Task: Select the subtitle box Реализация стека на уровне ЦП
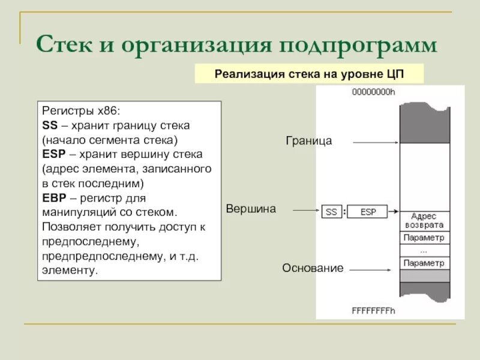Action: pos(310,74)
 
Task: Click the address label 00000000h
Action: pos(374,92)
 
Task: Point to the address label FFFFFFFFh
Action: pos(373,311)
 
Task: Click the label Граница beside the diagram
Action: pos(308,141)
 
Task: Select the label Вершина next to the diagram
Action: pos(251,209)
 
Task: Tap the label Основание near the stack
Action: pos(313,268)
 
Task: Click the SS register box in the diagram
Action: pos(331,212)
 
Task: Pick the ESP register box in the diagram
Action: pos(367,212)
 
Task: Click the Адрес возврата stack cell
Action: pos(424,220)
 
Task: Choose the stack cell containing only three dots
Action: pos(424,250)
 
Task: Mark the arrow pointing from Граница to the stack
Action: pos(376,142)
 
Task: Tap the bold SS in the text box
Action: pos(49,127)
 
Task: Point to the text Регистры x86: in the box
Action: pos(81,112)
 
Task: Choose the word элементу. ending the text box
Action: pos(69,271)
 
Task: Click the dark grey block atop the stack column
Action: pos(424,122)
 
